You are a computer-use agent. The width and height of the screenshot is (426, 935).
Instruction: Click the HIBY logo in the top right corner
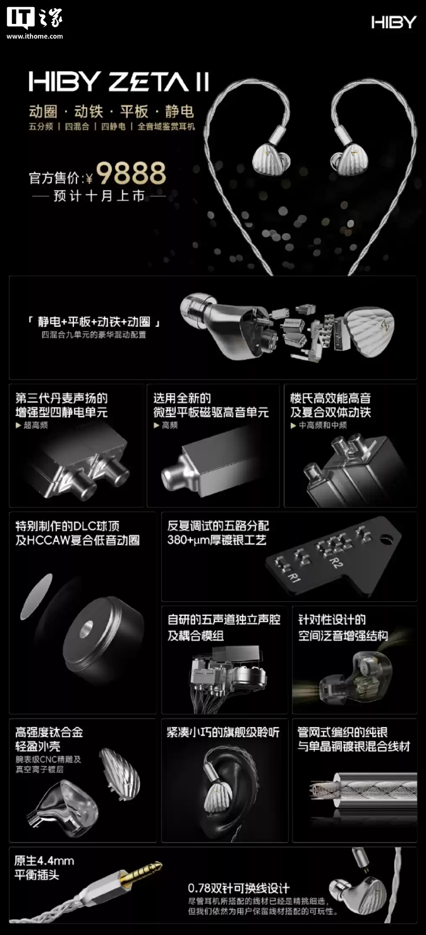(393, 22)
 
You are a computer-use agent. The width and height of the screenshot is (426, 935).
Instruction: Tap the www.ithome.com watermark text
(35, 36)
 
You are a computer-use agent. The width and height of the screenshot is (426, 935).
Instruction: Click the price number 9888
(131, 173)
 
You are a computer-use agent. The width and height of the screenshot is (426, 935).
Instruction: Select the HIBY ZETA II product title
(119, 82)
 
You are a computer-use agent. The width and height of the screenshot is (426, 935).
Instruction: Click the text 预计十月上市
(99, 196)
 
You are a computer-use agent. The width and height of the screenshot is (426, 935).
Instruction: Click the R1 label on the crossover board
(295, 579)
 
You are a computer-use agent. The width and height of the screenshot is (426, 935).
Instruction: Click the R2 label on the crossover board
(335, 562)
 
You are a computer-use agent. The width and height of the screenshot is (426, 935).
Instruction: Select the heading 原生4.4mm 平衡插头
(44, 868)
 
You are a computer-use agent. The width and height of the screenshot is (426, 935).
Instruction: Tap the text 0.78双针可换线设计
(239, 888)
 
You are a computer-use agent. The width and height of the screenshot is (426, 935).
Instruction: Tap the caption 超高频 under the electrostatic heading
(35, 425)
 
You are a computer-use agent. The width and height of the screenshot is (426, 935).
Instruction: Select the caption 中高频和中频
(322, 425)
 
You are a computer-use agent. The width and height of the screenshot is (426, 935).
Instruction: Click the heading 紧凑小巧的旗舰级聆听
(223, 732)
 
